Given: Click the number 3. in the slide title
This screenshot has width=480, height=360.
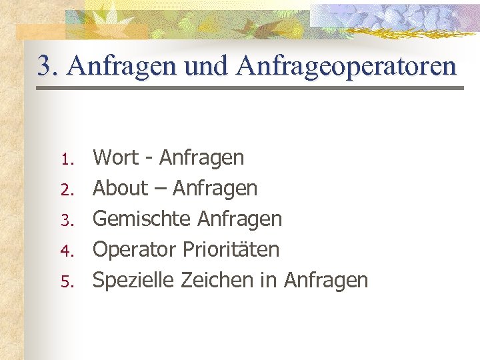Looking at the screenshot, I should pyautogui.click(x=48, y=66).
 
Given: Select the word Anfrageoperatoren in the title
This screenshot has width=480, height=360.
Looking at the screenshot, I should pyautogui.click(x=346, y=66).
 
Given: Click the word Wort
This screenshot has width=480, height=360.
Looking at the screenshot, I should pyautogui.click(x=117, y=158).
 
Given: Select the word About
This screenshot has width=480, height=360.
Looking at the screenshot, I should pyautogui.click(x=120, y=189).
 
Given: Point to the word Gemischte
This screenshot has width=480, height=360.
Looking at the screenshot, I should pyautogui.click(x=137, y=219).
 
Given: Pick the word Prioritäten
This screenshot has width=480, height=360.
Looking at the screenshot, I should pyautogui.click(x=231, y=250).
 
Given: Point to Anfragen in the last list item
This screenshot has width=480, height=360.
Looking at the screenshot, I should pyautogui.click(x=326, y=281).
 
